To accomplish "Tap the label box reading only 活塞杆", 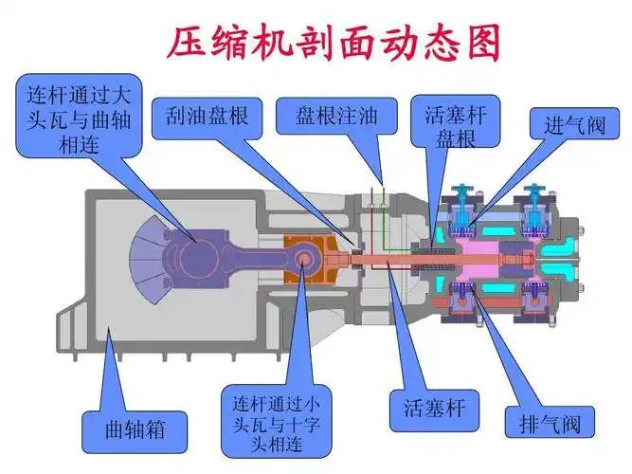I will (423, 410).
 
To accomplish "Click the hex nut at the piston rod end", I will (524, 257).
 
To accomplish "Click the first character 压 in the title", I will (185, 44).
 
